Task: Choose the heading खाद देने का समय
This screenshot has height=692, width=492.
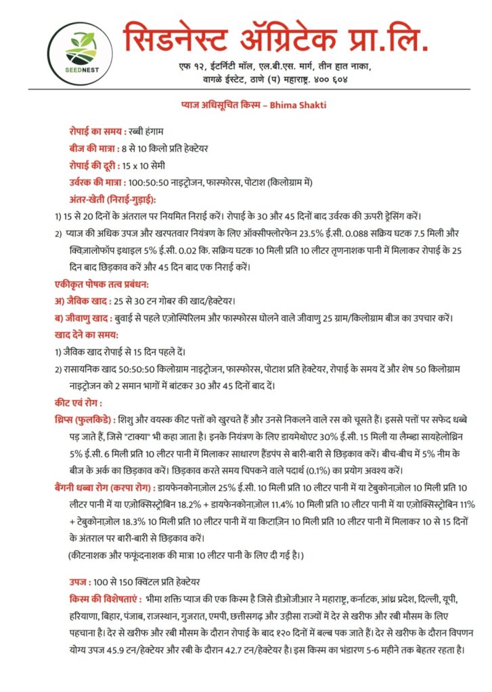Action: [x=87, y=335]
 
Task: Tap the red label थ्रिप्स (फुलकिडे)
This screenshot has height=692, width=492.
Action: [x=84, y=420]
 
